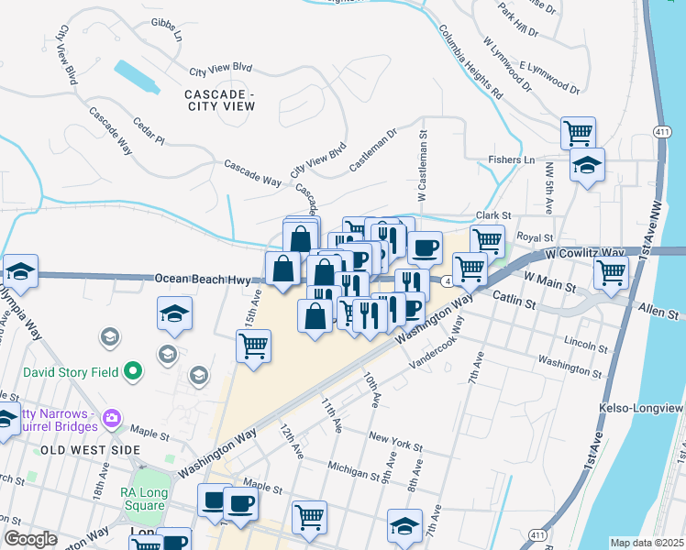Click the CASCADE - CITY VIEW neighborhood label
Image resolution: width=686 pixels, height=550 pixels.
(219, 100)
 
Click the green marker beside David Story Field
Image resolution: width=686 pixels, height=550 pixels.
(134, 372)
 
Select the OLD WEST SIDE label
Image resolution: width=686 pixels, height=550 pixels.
(90, 450)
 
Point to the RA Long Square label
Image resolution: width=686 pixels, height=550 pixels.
(142, 498)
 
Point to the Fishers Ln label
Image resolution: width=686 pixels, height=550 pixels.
(511, 159)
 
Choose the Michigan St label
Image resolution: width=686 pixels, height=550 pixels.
(352, 470)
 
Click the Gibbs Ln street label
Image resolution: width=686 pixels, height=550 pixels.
(167, 30)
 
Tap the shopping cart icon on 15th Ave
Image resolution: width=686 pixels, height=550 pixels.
(253, 346)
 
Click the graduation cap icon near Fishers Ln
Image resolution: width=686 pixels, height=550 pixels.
(587, 165)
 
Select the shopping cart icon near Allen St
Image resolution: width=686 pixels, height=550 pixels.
(610, 271)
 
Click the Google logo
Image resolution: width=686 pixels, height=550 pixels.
(31, 539)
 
